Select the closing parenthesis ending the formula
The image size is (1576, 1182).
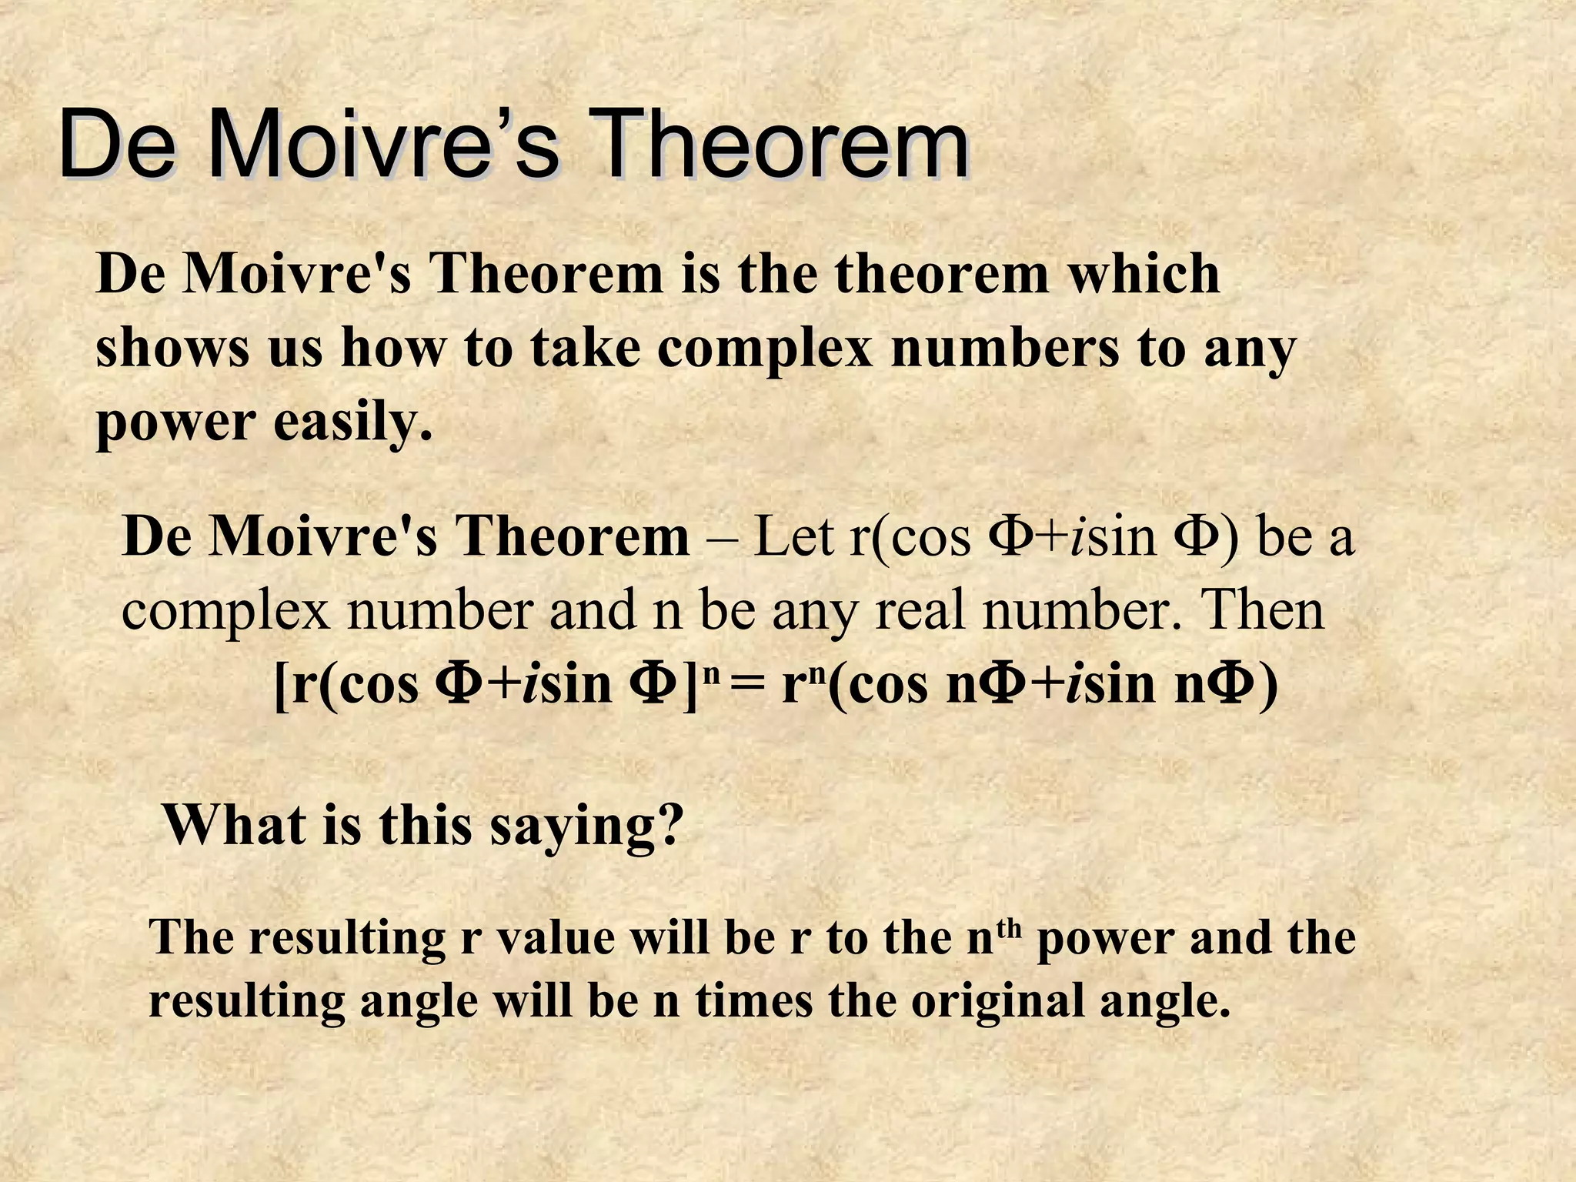(1268, 685)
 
